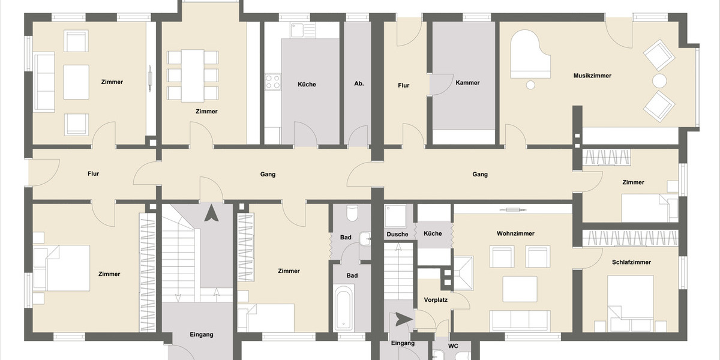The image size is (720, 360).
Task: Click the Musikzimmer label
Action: pyautogui.click(x=592, y=76)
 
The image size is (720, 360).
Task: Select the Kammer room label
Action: pyautogui.click(x=467, y=83)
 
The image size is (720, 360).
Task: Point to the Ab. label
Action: pyautogui.click(x=359, y=84)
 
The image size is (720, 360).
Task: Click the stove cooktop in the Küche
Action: pyautogui.click(x=273, y=82)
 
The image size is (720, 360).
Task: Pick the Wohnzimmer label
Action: pyautogui.click(x=515, y=233)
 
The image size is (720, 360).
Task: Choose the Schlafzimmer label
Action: pyautogui.click(x=631, y=262)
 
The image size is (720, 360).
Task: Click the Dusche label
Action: pyautogui.click(x=397, y=235)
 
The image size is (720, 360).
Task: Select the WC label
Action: pyautogui.click(x=453, y=346)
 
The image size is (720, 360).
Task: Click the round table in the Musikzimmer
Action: pyautogui.click(x=659, y=81)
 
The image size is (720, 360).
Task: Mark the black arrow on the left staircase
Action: pyautogui.click(x=211, y=214)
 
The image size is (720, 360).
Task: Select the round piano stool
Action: pyautogui.click(x=530, y=85)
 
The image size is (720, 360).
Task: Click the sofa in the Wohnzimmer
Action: pyautogui.click(x=520, y=320)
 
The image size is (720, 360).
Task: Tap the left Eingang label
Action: pyautogui.click(x=202, y=335)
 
